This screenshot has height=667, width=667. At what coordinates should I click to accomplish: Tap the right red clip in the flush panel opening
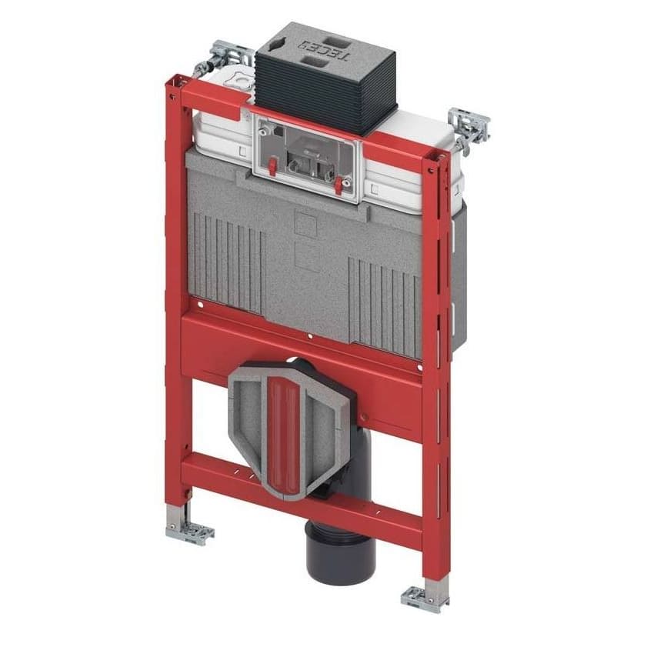[339, 185]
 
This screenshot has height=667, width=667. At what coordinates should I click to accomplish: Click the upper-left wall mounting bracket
[223, 58]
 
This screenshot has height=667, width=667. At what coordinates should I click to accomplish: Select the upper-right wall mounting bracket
[469, 128]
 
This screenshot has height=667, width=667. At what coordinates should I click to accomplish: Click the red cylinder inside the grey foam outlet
[284, 435]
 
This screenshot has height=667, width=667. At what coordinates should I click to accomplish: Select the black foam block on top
[326, 78]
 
